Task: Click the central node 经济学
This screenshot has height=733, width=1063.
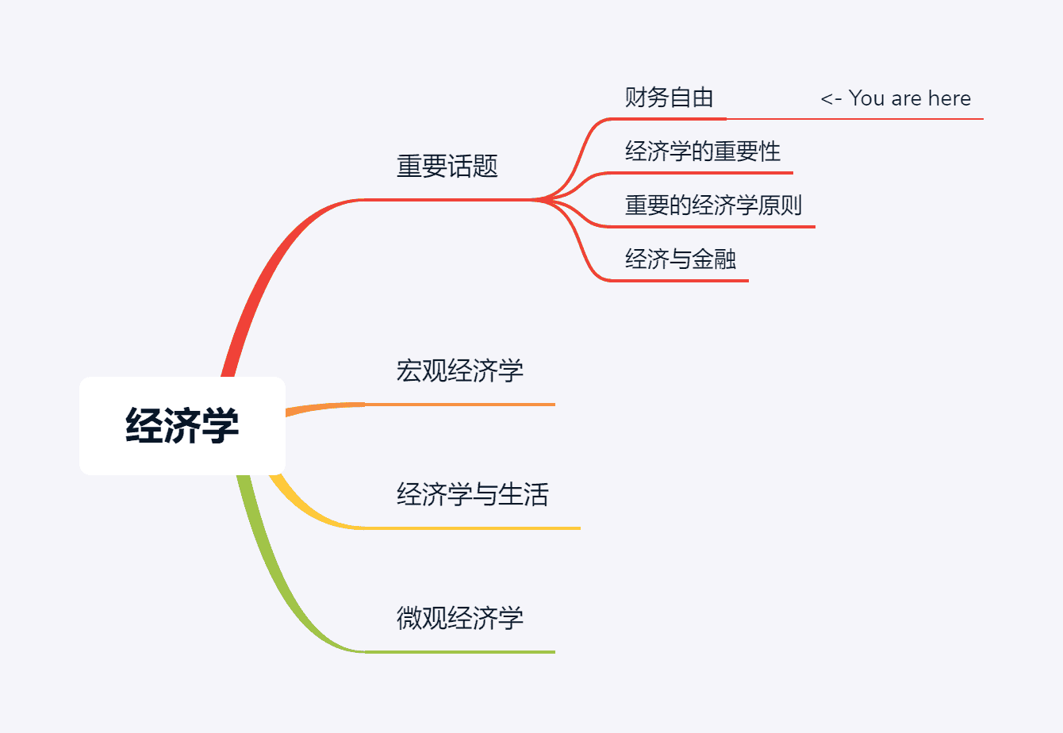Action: (x=182, y=425)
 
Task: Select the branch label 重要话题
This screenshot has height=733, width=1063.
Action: (x=447, y=167)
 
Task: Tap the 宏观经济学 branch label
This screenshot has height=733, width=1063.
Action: (x=459, y=370)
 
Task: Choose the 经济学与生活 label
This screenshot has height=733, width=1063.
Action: (x=472, y=494)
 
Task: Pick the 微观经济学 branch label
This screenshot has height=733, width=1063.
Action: (x=459, y=618)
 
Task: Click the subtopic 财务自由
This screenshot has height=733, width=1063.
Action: (x=669, y=98)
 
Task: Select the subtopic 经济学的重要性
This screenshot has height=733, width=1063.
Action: (x=702, y=152)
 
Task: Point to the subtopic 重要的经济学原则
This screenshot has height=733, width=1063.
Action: (x=713, y=205)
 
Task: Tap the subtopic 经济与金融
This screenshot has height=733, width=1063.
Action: (x=680, y=259)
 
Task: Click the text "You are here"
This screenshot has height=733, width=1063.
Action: (x=909, y=98)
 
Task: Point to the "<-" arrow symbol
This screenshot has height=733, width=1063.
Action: (x=831, y=99)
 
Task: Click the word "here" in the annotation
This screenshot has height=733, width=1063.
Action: (x=950, y=98)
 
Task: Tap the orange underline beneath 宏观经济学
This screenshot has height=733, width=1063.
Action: (x=460, y=405)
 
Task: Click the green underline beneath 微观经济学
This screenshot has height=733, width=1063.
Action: (x=460, y=652)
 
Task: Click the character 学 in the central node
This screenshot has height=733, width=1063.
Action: (x=220, y=425)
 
